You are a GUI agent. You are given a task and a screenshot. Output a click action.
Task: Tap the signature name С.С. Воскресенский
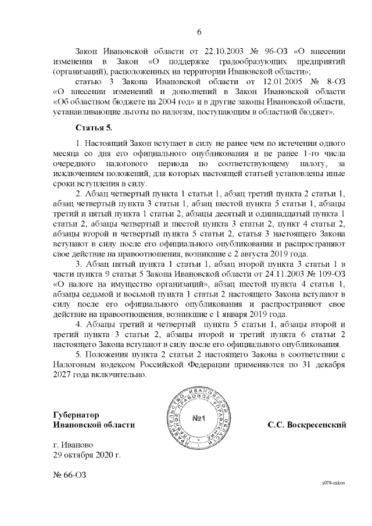coord(306,425)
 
